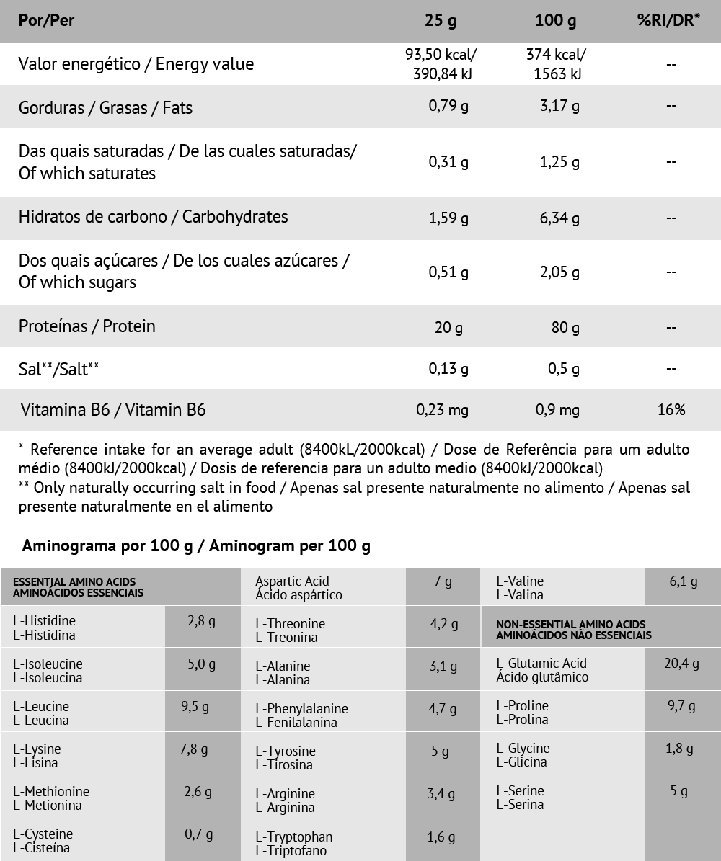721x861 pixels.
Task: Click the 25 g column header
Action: (x=440, y=21)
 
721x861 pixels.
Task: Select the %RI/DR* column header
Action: (x=668, y=21)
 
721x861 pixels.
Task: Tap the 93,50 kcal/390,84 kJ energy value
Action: (x=442, y=64)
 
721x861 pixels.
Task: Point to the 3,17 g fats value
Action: (x=559, y=107)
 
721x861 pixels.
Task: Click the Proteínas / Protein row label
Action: (x=87, y=326)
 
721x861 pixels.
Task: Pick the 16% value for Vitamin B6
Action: (x=671, y=410)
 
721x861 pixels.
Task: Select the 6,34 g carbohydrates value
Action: (x=559, y=218)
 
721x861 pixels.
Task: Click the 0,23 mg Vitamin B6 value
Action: (x=442, y=410)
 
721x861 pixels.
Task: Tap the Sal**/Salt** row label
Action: (x=59, y=369)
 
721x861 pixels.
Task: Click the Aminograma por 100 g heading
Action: (x=196, y=546)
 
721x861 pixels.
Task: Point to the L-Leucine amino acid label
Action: (x=41, y=713)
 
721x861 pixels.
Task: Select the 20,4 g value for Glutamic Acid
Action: (x=681, y=664)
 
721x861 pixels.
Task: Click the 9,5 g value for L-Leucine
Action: (x=195, y=707)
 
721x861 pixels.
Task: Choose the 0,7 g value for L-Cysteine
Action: (x=198, y=834)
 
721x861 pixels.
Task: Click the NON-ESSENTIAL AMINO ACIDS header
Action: (x=570, y=630)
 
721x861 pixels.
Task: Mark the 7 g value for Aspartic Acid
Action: (x=443, y=581)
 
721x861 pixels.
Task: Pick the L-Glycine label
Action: (x=523, y=755)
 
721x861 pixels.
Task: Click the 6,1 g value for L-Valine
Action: (x=683, y=581)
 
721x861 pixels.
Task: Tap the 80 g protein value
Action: (x=565, y=328)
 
